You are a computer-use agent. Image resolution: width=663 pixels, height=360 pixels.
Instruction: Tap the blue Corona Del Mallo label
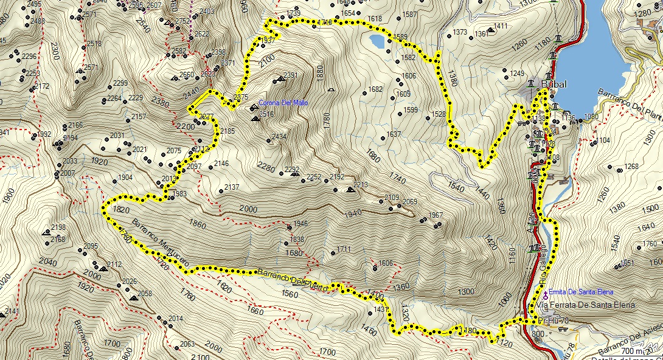[x=283, y=103]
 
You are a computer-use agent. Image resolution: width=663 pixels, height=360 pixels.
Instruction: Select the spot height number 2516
[x=266, y=114]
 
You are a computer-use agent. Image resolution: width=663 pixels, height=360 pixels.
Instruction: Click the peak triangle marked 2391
[x=279, y=78]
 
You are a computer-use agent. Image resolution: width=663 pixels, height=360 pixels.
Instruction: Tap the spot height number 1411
[x=501, y=26]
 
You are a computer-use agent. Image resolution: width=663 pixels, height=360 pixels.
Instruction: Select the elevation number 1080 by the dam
[x=591, y=116]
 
